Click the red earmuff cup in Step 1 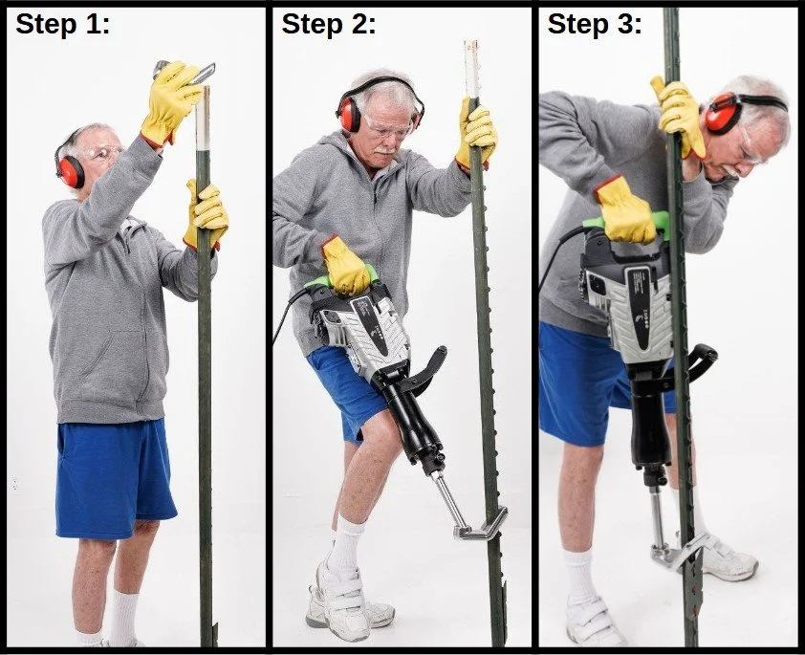[70, 171]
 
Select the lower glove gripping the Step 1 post [207, 214]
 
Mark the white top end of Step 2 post [471, 67]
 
